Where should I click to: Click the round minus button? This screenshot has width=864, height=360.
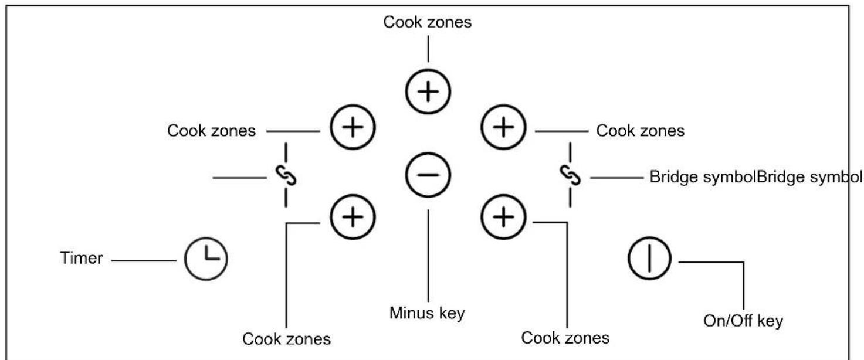(x=428, y=175)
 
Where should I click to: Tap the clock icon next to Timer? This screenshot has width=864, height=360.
(x=206, y=259)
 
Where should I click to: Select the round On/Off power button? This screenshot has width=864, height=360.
(x=649, y=258)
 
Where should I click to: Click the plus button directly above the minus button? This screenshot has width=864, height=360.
(x=428, y=91)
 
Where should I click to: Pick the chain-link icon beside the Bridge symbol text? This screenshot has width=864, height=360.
(x=570, y=175)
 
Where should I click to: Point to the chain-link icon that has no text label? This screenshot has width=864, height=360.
(x=286, y=175)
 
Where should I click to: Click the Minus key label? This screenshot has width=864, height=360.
(x=427, y=313)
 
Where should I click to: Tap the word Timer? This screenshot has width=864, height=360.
(x=82, y=258)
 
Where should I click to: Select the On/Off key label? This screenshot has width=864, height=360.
(x=743, y=321)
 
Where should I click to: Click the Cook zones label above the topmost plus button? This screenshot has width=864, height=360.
(x=428, y=22)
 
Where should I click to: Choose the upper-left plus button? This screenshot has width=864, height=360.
(x=353, y=127)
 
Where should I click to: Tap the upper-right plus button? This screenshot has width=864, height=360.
(x=503, y=127)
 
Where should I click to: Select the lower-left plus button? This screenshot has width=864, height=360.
(x=353, y=217)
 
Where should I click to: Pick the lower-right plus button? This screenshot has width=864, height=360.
(x=503, y=217)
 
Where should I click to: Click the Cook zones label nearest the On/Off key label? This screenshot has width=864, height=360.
(x=565, y=338)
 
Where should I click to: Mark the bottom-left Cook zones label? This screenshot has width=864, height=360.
(x=286, y=339)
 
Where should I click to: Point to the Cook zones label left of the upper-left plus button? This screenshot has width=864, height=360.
(x=211, y=131)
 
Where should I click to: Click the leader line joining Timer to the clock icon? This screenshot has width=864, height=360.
(x=144, y=260)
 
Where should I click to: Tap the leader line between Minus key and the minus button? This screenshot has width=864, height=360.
(x=428, y=256)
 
